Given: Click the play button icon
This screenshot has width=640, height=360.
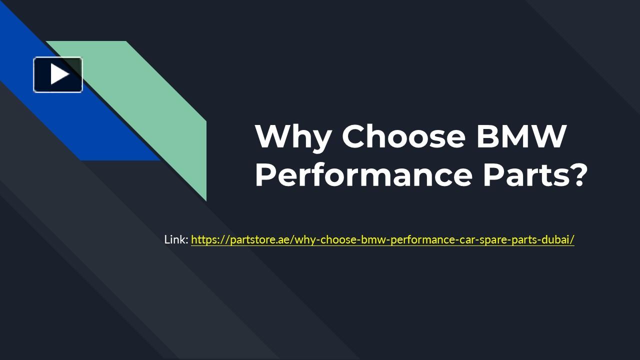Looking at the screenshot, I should [x=58, y=74].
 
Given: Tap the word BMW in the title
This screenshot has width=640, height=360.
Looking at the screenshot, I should [x=521, y=136].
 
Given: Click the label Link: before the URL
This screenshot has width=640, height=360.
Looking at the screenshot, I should [x=176, y=239].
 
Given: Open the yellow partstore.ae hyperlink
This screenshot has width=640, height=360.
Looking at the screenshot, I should [x=382, y=239].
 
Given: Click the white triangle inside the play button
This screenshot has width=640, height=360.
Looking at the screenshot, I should [x=59, y=74].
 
